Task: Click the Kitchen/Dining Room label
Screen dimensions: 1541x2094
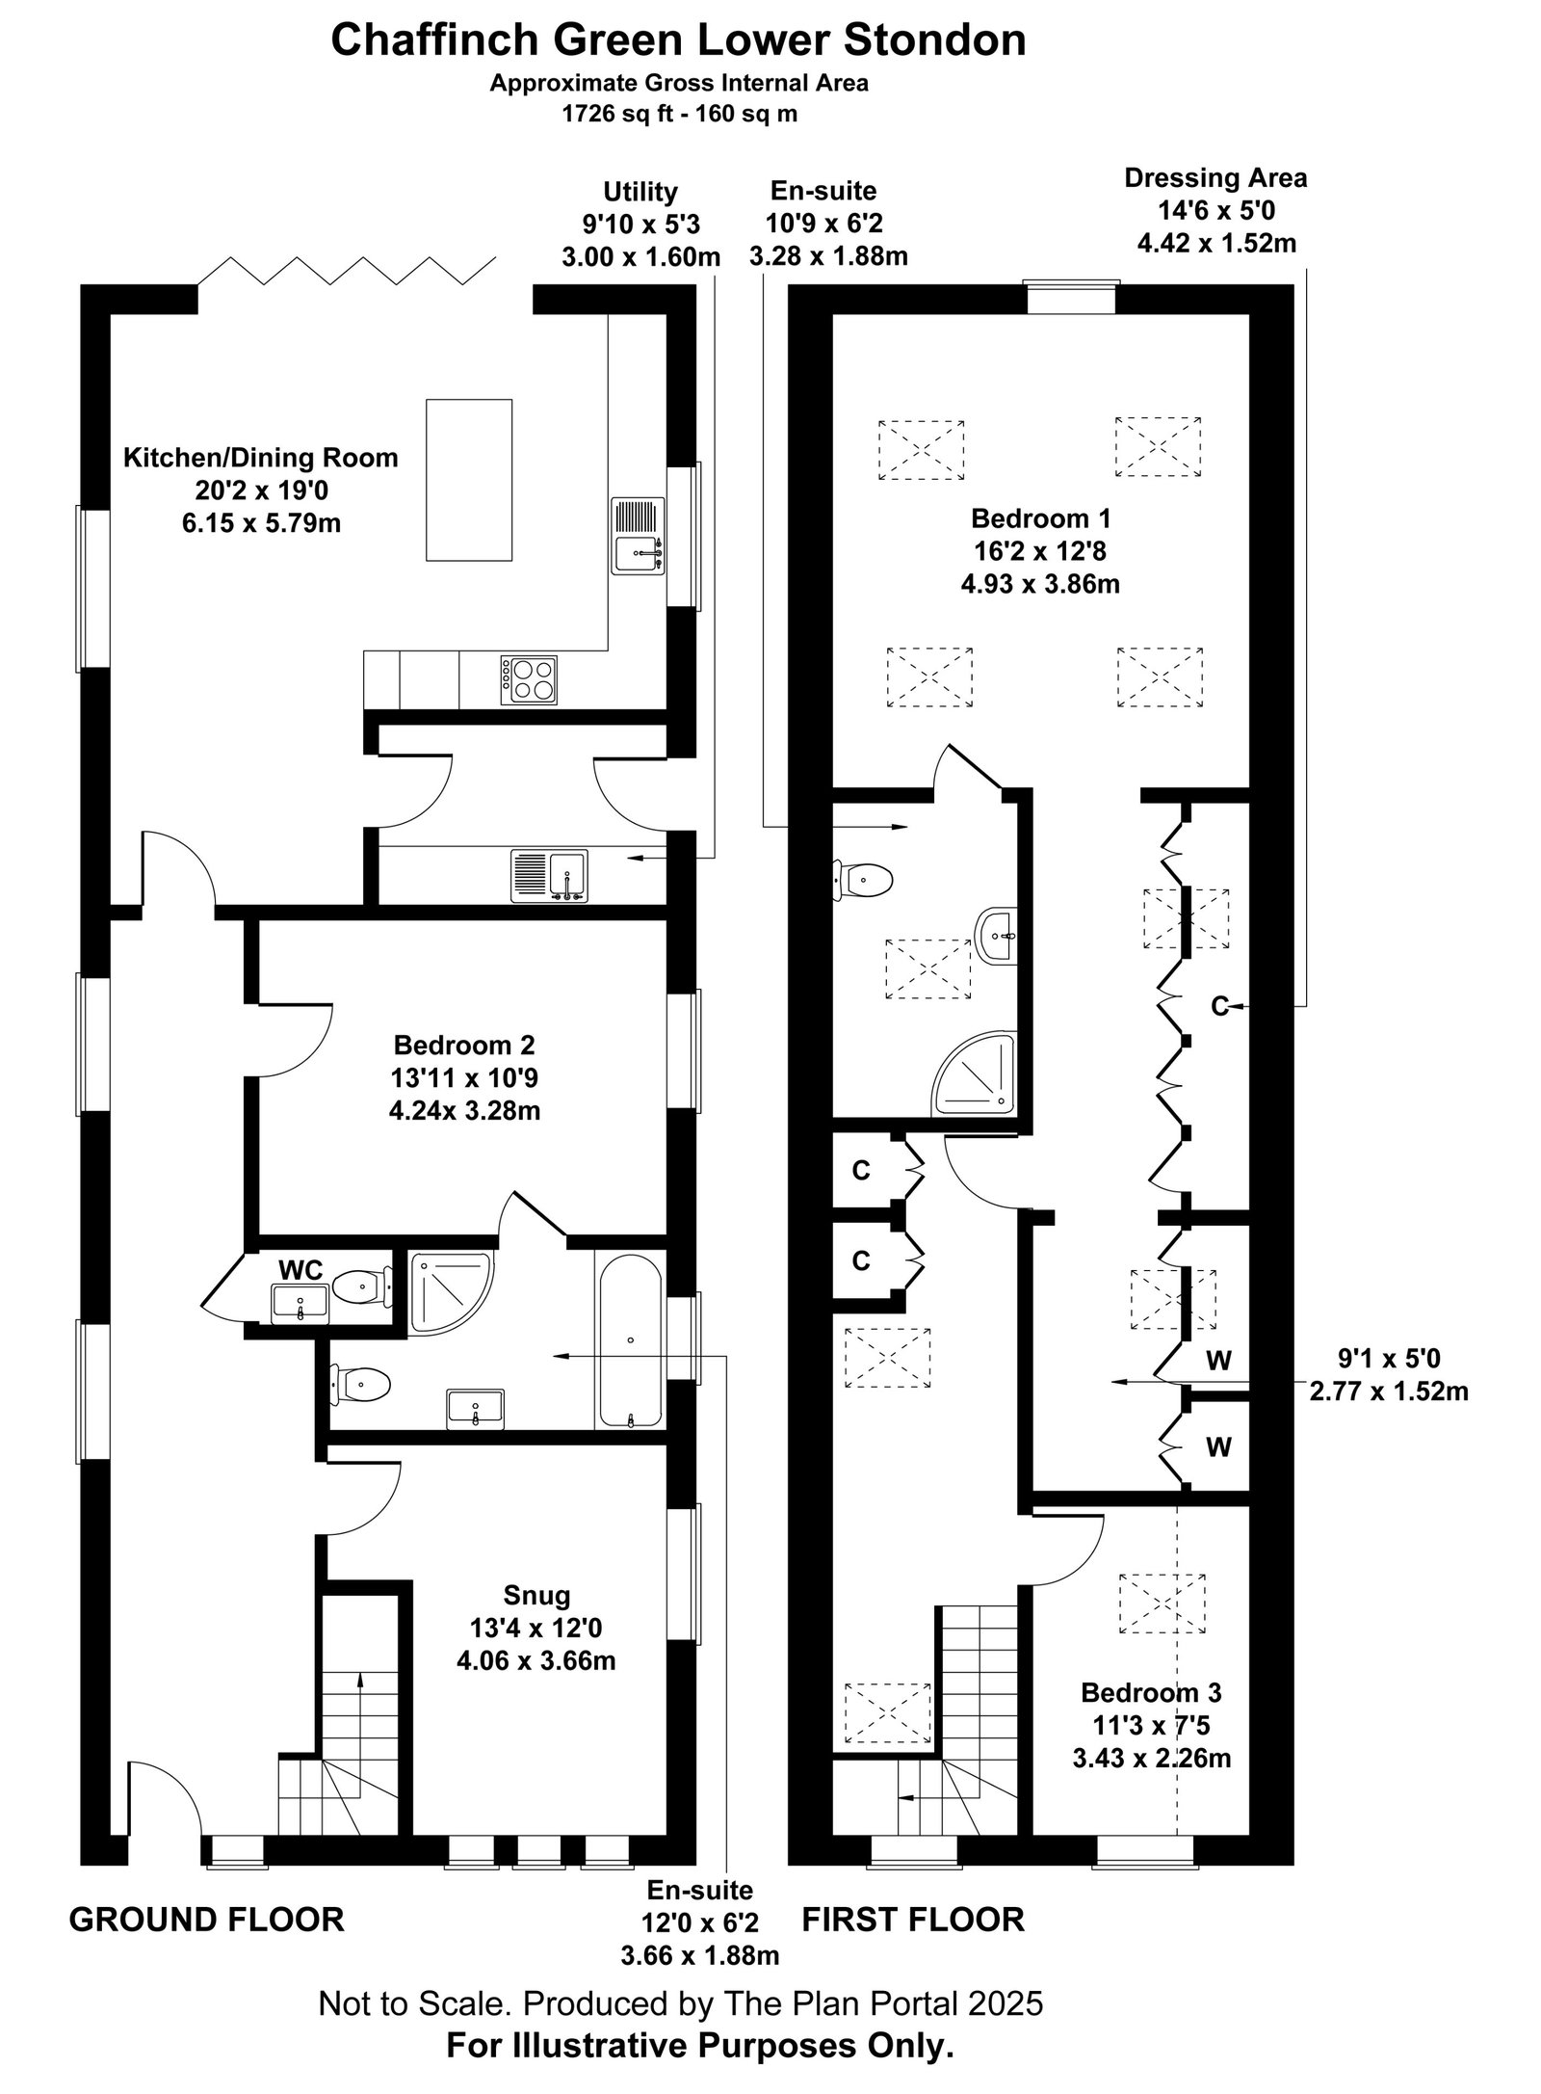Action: click(260, 490)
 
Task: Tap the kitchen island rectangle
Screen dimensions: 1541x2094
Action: click(469, 480)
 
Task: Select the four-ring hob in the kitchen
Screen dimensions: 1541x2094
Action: click(530, 678)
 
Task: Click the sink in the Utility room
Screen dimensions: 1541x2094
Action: click(549, 875)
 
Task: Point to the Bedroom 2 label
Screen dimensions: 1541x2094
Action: click(464, 1077)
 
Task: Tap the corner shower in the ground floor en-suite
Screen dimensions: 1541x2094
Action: click(451, 1293)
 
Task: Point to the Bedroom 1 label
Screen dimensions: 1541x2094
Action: click(1040, 551)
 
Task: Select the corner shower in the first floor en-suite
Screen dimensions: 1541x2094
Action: click(974, 1074)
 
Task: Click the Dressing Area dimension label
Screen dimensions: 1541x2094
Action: click(1216, 210)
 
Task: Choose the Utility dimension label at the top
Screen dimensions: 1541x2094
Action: click(640, 225)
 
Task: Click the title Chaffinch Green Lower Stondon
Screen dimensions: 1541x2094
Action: click(679, 41)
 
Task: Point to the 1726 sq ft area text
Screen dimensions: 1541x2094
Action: click(679, 114)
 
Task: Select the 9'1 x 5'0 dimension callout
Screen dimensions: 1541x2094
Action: click(1389, 1374)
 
